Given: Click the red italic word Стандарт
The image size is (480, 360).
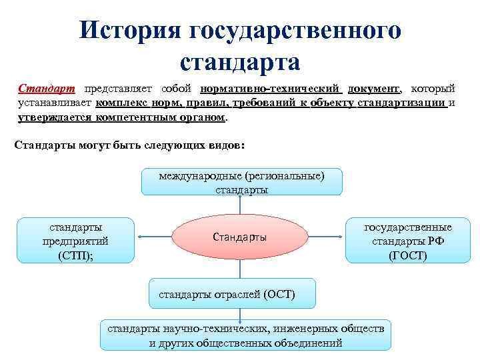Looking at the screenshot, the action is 47,89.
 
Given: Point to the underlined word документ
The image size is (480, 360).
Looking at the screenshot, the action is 374,89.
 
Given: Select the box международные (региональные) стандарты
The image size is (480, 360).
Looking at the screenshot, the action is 241,182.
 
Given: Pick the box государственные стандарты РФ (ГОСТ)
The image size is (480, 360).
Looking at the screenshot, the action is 407,241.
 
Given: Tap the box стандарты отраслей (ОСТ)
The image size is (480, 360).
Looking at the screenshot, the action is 227,294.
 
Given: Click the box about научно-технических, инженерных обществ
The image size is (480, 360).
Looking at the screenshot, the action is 246,336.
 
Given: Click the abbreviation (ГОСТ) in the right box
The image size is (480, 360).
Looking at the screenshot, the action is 407,255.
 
